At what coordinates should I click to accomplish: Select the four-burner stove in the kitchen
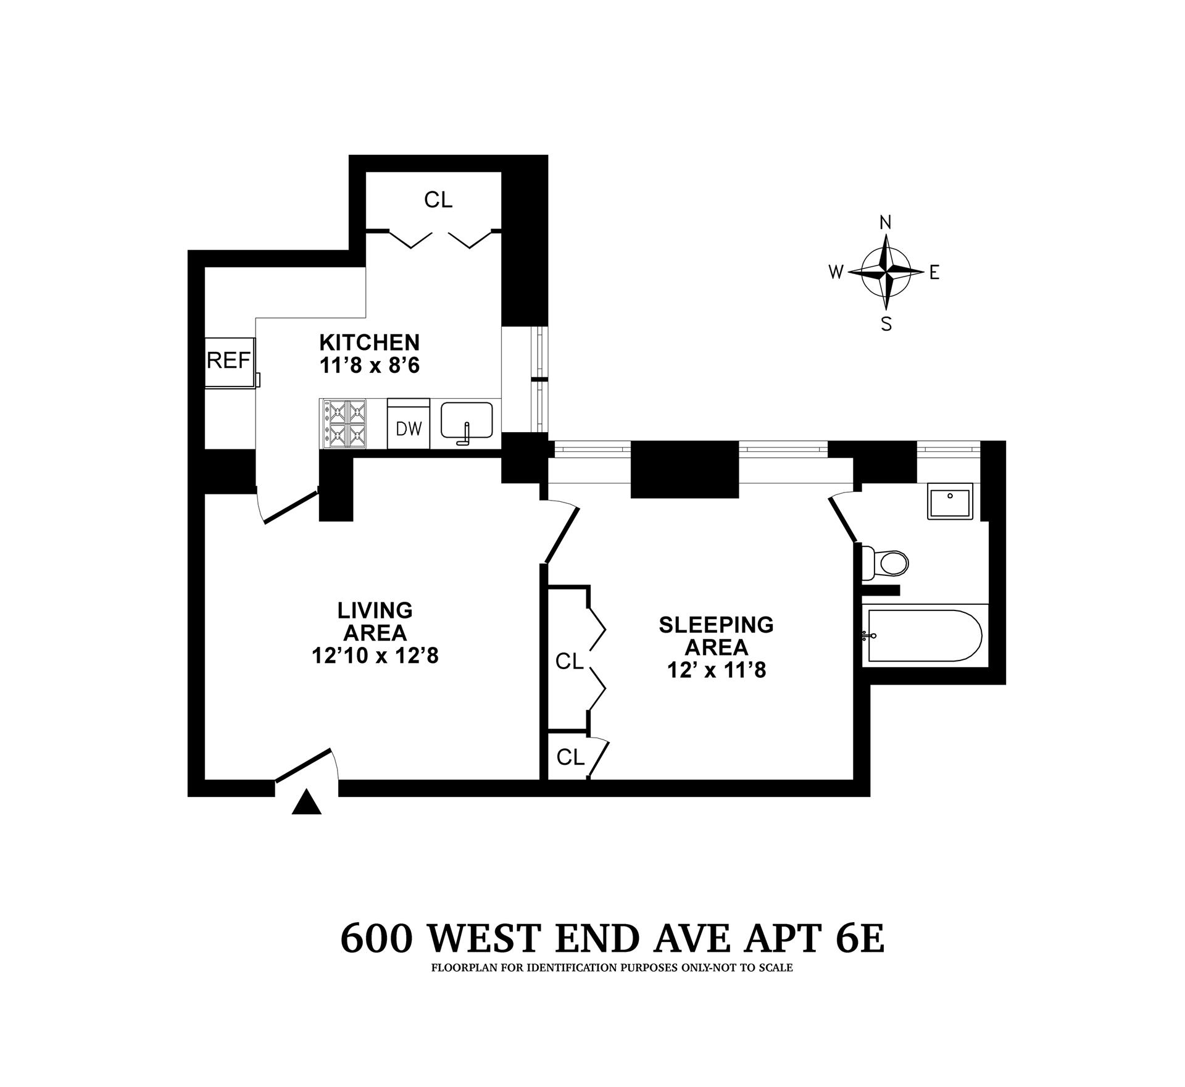click(x=343, y=423)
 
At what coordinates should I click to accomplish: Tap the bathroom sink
click(x=950, y=501)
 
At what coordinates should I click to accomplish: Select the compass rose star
click(x=886, y=272)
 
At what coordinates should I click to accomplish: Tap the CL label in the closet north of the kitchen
click(x=438, y=199)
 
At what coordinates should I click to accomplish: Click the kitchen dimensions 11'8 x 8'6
click(x=369, y=366)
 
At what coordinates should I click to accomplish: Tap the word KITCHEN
click(x=369, y=342)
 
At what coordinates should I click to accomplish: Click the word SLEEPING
click(x=716, y=625)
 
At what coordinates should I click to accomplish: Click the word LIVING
click(x=375, y=610)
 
